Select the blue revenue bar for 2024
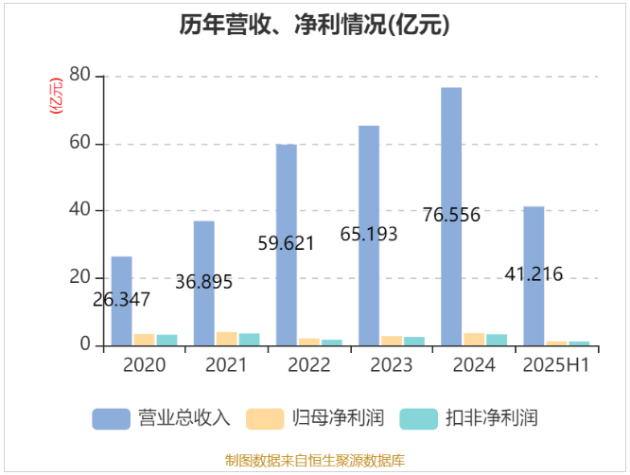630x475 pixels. coord(451,170)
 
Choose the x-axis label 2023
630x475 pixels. coord(391,365)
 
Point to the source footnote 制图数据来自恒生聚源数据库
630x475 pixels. coord(315,461)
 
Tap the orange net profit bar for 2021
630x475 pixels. coord(226,339)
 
